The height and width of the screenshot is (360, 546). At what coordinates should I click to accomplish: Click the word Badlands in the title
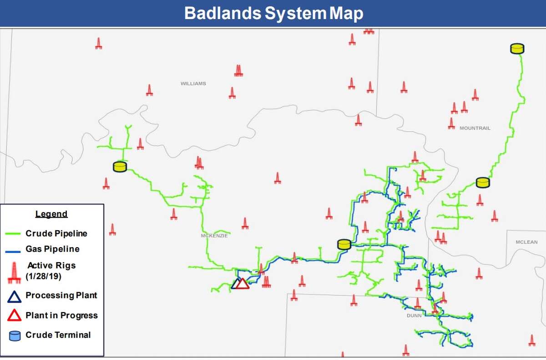click(222, 13)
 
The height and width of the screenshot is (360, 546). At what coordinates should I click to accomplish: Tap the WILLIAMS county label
click(193, 84)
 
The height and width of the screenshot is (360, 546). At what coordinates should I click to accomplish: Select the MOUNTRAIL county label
click(475, 128)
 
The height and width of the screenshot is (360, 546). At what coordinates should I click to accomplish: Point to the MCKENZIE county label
click(214, 236)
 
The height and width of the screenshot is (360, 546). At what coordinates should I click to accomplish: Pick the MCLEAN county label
click(526, 242)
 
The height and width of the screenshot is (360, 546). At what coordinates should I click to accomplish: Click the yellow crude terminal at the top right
click(517, 48)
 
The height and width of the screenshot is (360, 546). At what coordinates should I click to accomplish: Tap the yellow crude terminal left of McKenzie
click(119, 167)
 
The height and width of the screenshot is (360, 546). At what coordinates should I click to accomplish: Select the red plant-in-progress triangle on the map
click(243, 284)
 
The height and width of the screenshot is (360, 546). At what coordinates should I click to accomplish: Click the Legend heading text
click(51, 214)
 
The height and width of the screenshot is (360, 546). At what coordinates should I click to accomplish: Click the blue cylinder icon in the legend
click(15, 336)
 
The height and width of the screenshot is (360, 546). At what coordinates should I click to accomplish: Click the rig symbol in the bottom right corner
click(531, 340)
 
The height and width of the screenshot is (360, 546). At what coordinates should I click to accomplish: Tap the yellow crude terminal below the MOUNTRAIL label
click(483, 183)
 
